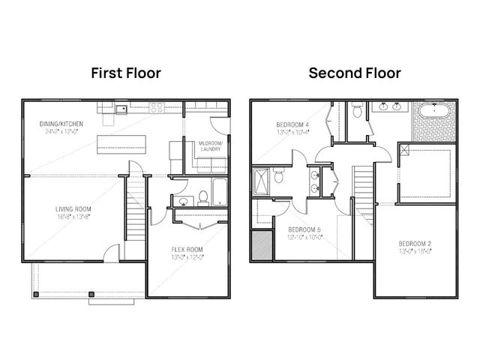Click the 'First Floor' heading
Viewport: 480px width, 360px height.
coord(126,73)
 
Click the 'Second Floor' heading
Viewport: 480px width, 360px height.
coord(355,73)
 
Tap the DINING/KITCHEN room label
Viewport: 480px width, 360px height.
coord(62,124)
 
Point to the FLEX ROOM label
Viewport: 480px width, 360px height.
coord(187,250)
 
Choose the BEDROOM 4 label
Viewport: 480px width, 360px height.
coord(294,124)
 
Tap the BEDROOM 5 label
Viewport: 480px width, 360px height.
coord(304,229)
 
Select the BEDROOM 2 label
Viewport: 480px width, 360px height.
coord(414,244)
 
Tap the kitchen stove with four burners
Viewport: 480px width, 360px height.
coord(157,108)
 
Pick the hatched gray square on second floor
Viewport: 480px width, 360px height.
coord(262,245)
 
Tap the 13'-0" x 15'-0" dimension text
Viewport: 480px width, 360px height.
coord(414,253)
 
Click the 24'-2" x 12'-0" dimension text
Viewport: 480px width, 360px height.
coord(62,132)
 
